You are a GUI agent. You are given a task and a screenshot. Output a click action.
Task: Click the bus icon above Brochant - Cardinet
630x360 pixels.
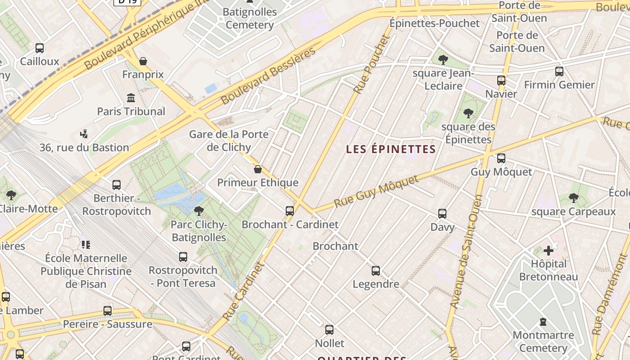(x=290, y=211)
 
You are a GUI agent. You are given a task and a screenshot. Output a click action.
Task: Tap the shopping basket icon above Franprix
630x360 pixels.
(x=143, y=61)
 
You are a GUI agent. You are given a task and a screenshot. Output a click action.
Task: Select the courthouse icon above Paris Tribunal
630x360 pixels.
(x=131, y=98)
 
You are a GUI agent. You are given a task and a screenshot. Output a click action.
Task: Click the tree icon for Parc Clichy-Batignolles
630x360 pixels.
(x=198, y=211)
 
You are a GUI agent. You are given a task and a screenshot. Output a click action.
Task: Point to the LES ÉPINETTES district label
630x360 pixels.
(x=391, y=149)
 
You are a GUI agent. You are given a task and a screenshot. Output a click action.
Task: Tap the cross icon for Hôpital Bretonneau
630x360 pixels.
(x=548, y=250)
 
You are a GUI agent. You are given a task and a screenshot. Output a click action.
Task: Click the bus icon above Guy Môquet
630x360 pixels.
(x=501, y=158)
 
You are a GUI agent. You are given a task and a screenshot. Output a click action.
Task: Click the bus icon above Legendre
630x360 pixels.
(x=376, y=271)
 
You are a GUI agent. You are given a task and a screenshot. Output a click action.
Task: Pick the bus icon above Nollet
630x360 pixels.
(x=329, y=330)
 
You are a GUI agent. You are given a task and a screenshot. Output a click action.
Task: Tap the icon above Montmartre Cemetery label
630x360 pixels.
(x=543, y=322)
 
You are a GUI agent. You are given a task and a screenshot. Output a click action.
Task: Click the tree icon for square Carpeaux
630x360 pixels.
(x=573, y=198)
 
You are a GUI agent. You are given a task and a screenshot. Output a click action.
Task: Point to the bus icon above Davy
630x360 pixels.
(x=442, y=214)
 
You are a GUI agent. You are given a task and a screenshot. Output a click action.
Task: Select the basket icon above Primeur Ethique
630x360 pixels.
(x=258, y=169)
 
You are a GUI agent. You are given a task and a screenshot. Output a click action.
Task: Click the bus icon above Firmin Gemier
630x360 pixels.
(x=559, y=71)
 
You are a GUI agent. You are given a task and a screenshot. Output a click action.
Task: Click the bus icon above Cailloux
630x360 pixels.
(x=40, y=48)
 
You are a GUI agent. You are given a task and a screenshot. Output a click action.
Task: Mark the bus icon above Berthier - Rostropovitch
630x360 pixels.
(x=117, y=184)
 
